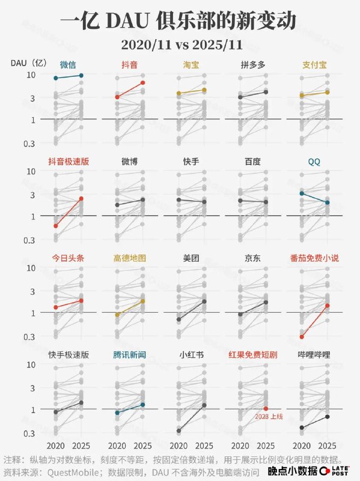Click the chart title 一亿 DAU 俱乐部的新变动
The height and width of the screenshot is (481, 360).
tap(180, 22)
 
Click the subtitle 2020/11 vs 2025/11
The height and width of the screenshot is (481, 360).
tap(180, 44)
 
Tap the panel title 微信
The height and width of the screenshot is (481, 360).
tap(68, 64)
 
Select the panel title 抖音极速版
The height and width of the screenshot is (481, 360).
tap(69, 161)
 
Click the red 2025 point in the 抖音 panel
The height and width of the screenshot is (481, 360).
tap(143, 82)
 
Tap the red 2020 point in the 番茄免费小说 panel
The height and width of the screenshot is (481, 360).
tap(301, 337)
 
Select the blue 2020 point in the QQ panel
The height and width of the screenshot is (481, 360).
tap(301, 193)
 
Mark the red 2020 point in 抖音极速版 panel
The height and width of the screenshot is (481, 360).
tap(55, 225)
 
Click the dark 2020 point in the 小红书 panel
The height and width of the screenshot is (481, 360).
tap(178, 430)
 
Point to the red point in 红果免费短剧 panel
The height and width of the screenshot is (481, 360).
tap(266, 409)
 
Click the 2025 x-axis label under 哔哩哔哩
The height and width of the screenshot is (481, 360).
tap(327, 446)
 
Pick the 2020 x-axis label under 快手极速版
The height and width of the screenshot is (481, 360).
tap(55, 446)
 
